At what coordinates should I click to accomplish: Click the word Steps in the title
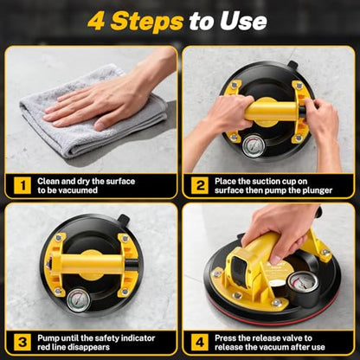click(x=147, y=21)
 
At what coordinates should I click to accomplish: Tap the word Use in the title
click(x=243, y=21)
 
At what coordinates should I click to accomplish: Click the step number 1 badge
click(x=22, y=185)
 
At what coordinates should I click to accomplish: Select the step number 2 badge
click(x=200, y=185)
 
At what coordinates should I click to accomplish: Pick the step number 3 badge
click(x=22, y=342)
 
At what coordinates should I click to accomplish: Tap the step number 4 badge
click(x=200, y=342)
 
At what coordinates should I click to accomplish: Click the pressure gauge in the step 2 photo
click(x=254, y=146)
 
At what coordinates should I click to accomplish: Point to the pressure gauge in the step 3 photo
click(x=78, y=301)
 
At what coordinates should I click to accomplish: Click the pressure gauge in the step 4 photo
click(x=303, y=283)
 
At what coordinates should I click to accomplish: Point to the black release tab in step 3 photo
click(x=125, y=221)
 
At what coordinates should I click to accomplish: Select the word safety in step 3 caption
click(x=107, y=338)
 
